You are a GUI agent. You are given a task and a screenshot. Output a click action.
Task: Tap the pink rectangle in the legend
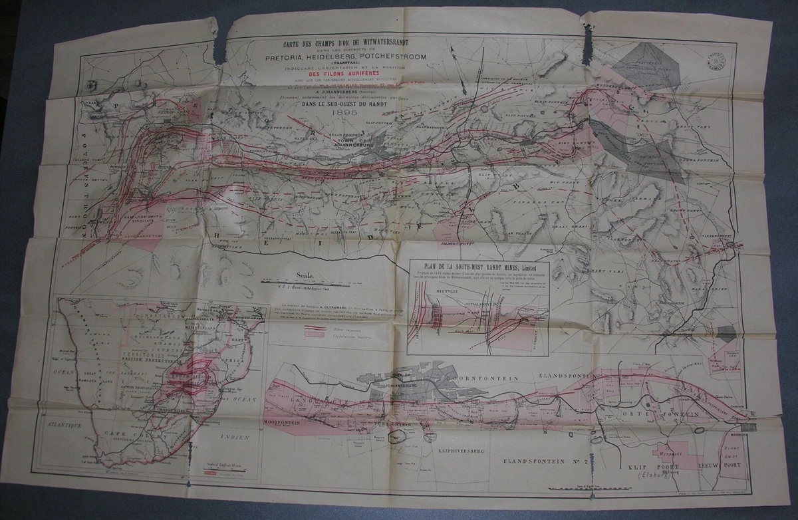[319, 328]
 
